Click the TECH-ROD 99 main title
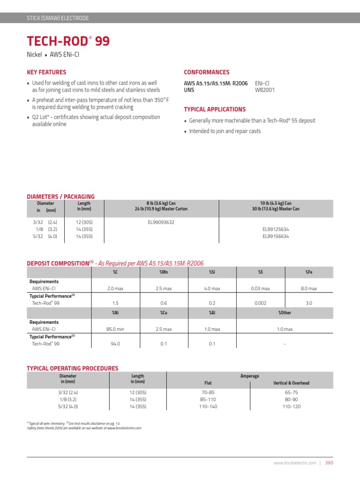68,42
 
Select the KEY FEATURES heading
46,72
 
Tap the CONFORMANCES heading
206,72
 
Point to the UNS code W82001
265,90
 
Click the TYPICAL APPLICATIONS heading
214,109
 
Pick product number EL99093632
161,222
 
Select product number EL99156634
276,237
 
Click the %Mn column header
164,272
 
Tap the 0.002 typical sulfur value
260,303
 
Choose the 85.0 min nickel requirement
115,329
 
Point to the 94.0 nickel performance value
115,344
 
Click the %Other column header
285,312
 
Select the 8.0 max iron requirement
308,288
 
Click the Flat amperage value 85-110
208,399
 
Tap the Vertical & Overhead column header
291,383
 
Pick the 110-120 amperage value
291,406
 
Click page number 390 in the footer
329,463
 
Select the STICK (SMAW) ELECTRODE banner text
58,18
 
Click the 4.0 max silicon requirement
212,288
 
